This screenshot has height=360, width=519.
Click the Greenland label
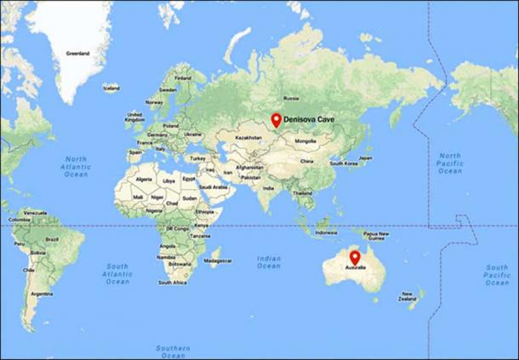point(78,53)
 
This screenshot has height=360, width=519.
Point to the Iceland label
point(111,87)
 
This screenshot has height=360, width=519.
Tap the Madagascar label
point(219,261)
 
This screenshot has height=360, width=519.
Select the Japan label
point(366,157)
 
